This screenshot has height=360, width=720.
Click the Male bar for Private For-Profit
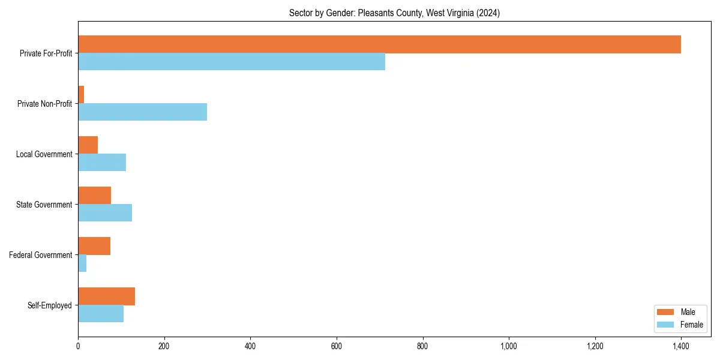379,44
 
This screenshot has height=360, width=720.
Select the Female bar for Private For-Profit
232,62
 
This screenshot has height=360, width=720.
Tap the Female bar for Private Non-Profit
142,112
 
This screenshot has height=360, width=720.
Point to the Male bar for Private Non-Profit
81,95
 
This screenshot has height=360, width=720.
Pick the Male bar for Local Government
88,145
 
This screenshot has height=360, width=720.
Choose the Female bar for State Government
105,213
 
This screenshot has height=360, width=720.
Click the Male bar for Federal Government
94,246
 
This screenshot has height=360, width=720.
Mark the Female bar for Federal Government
82,263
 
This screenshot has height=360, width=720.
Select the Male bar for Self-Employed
106,296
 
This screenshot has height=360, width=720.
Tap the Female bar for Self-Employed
101,314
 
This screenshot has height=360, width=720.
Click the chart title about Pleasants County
394,13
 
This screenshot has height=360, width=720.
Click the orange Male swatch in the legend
665,312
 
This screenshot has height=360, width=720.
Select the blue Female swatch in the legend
665,325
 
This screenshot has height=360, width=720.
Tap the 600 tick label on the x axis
337,346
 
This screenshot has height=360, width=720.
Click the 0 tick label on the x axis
78,346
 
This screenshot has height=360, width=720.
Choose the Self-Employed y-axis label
50,305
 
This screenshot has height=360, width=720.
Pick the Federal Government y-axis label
41,255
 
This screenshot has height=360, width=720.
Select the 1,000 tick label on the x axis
509,346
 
